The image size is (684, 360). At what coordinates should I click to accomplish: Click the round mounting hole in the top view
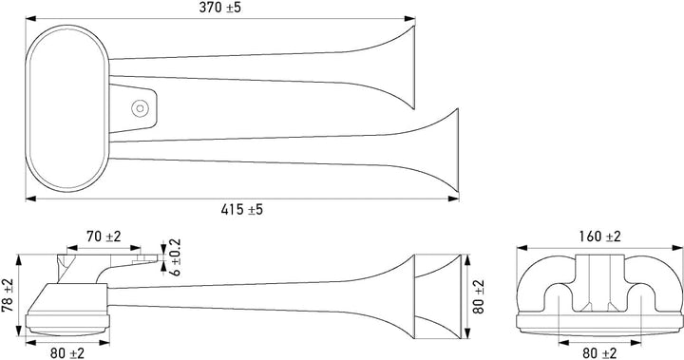click(141, 107)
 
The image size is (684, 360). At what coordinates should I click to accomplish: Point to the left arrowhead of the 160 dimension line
click(520, 248)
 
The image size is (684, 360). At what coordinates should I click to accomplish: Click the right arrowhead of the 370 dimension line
click(412, 18)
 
